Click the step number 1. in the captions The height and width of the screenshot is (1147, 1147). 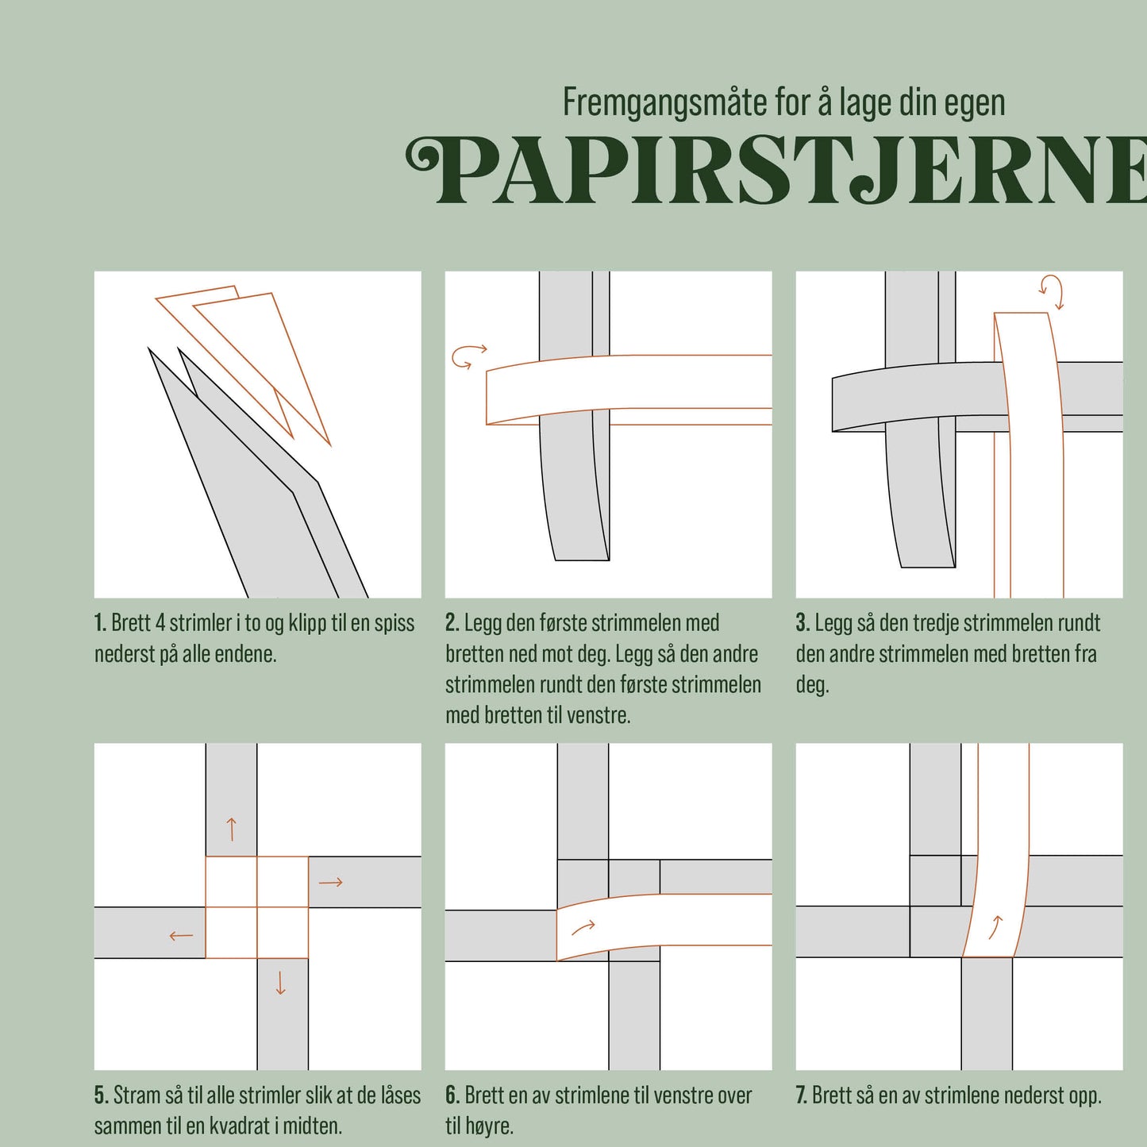(100, 623)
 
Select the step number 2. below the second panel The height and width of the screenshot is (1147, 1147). (452, 623)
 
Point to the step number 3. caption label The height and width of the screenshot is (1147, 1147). (803, 623)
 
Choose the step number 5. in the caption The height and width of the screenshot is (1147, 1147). (101, 1095)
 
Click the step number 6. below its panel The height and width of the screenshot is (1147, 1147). (452, 1095)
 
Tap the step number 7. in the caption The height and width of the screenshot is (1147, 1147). (802, 1095)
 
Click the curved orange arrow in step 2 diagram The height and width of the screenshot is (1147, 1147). (468, 356)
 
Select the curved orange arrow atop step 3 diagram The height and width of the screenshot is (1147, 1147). (1052, 291)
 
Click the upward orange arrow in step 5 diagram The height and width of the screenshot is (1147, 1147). (232, 829)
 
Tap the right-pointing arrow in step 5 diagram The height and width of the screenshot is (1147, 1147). (330, 882)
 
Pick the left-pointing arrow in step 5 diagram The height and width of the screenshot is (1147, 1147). (181, 936)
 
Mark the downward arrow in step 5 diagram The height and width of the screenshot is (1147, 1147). (280, 983)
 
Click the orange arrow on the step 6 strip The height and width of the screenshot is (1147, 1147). (583, 927)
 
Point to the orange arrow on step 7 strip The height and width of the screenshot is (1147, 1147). (995, 927)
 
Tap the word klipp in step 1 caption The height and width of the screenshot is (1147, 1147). (307, 623)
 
